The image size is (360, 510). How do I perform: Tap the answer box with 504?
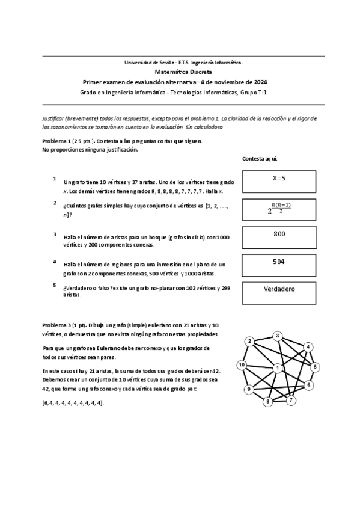[279, 264]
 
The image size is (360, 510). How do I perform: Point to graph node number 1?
[278, 367]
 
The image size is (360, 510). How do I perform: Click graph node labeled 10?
[242, 365]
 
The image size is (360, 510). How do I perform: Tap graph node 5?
[316, 367]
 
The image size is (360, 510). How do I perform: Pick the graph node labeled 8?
[269, 401]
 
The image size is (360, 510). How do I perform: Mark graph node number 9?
[248, 390]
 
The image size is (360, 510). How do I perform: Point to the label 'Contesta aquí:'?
[259, 159]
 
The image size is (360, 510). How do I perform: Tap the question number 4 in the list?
[55, 262]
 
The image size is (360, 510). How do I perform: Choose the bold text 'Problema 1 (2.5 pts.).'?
[68, 141]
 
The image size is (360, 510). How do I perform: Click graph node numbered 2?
[249, 342]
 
